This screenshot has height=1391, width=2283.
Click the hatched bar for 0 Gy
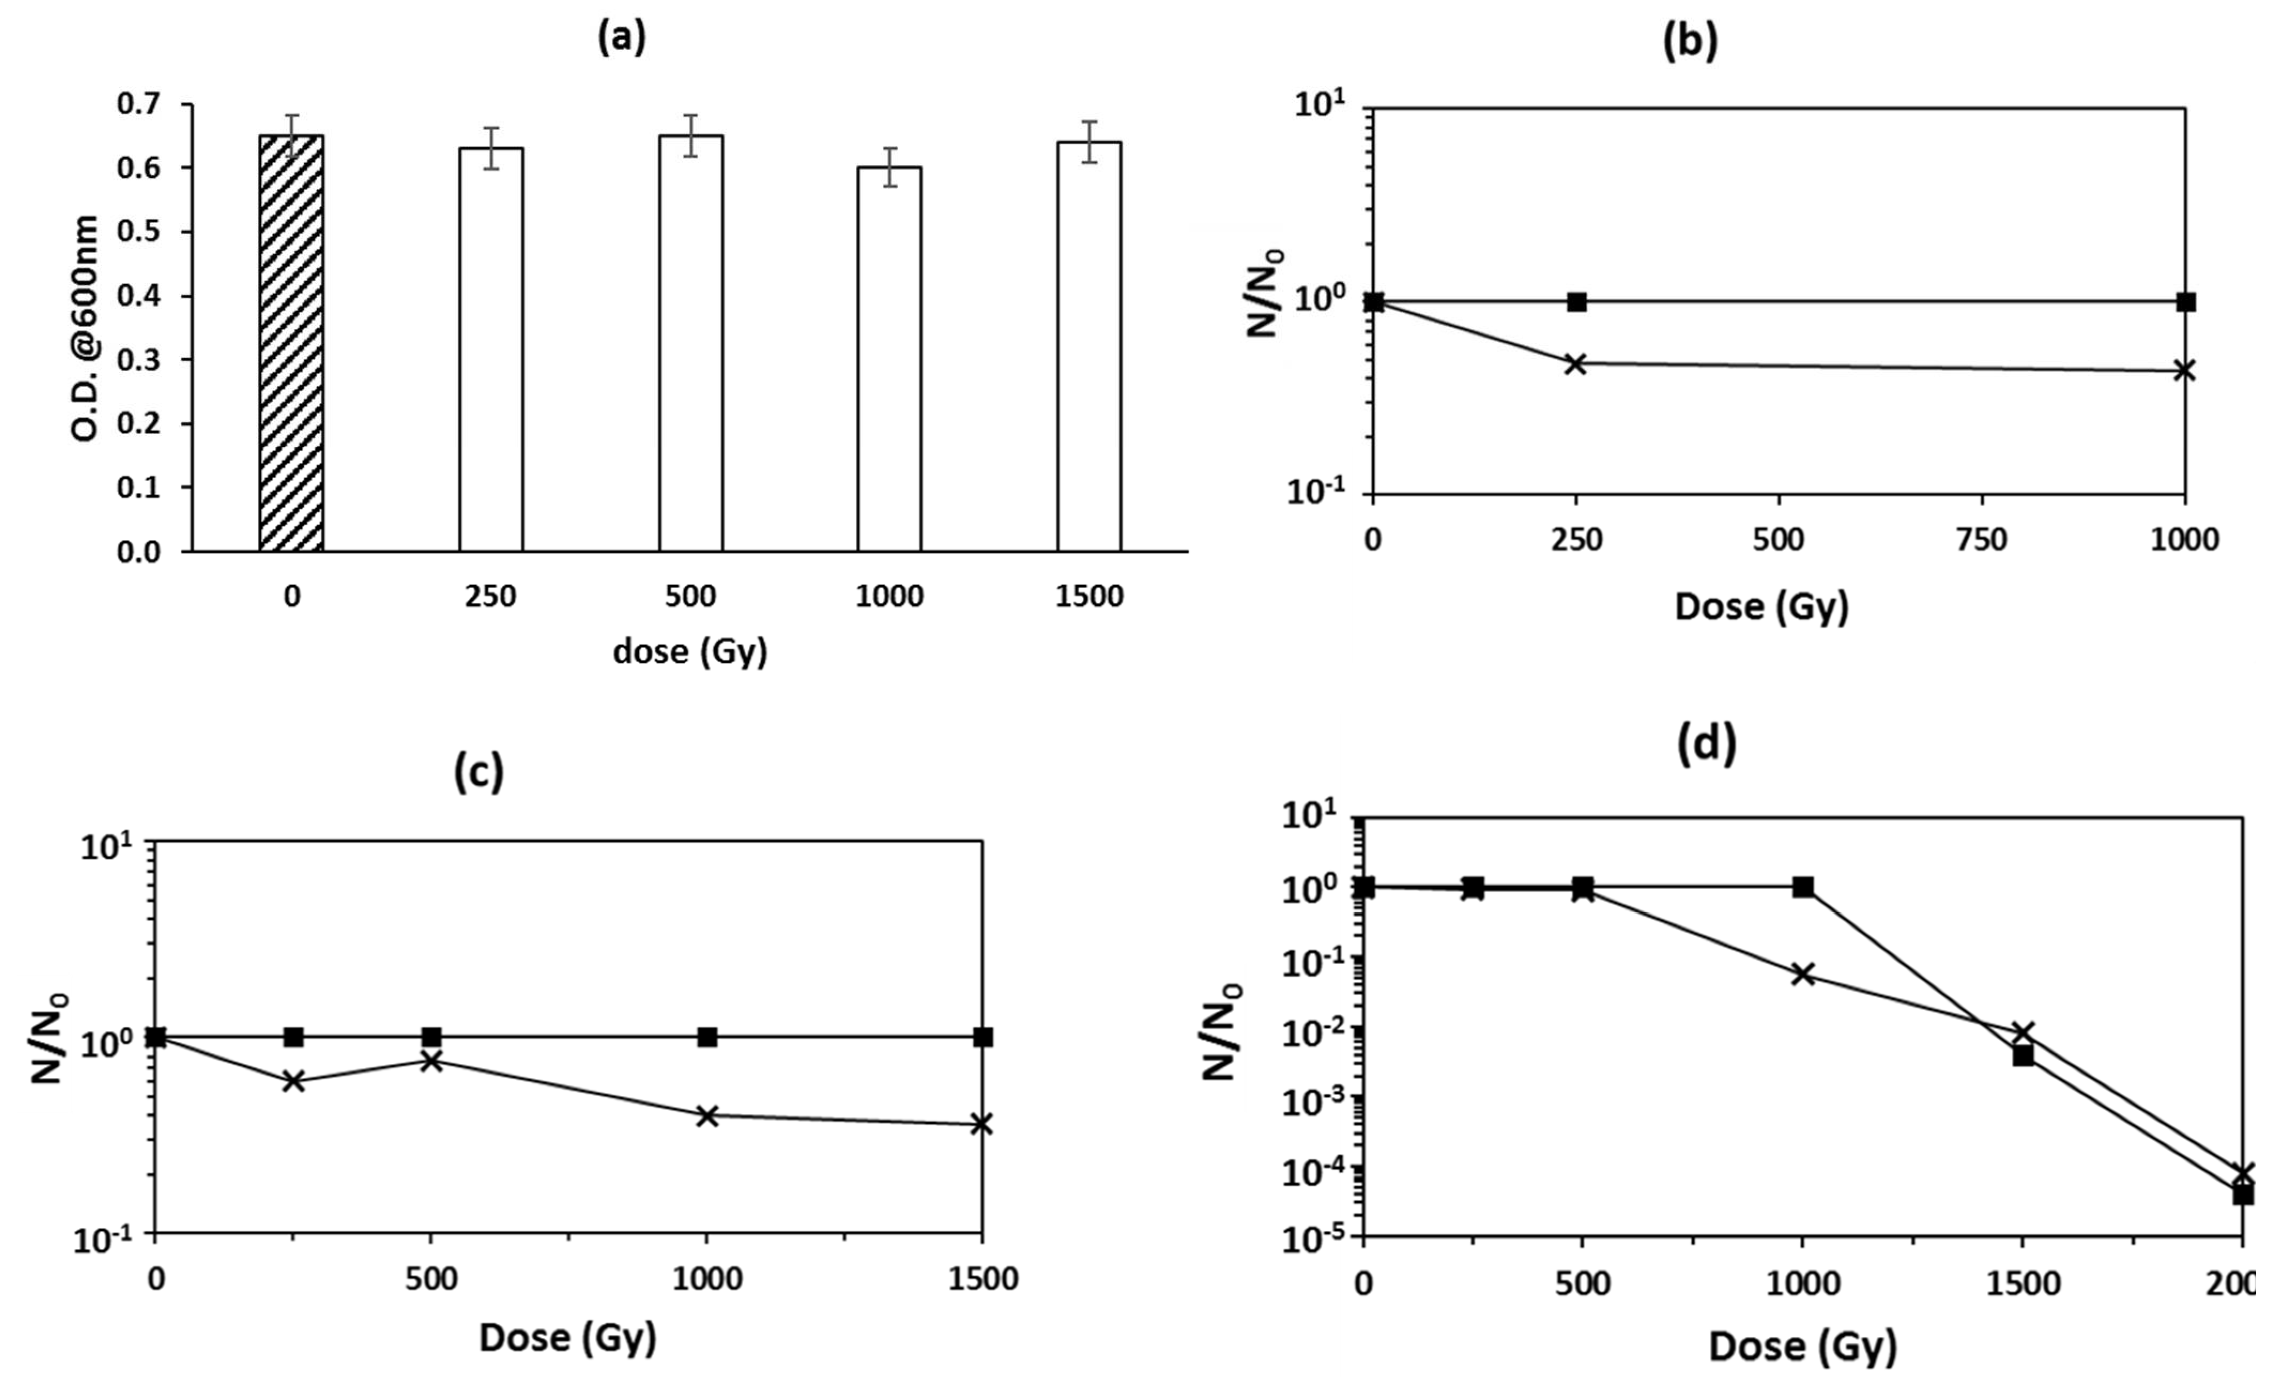tap(291, 343)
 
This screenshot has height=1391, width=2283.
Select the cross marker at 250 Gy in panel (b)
tap(1575, 363)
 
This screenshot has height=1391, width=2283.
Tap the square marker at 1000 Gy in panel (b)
tap(2185, 301)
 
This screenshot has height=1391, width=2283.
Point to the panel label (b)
tap(1690, 41)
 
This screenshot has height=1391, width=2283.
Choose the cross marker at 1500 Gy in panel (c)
tap(981, 1124)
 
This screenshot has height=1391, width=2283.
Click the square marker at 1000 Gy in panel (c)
tap(707, 1037)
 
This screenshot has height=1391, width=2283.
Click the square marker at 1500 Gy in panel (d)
tap(2022, 1055)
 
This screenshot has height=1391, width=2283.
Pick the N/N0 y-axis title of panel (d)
tap(1220, 1030)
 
